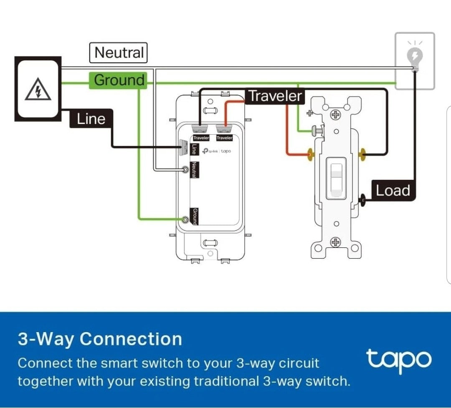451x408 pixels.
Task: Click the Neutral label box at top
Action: [119, 53]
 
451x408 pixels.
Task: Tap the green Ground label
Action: [119, 80]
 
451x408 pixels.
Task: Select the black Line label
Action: [91, 119]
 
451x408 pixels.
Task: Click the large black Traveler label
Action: [275, 96]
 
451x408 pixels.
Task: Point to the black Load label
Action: [393, 191]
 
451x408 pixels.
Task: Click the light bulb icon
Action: [415, 56]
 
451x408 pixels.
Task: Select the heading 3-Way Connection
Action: [100, 339]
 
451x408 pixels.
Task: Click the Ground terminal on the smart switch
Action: [185, 219]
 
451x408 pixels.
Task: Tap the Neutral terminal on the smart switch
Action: [185, 169]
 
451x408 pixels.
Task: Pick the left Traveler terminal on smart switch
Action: [200, 130]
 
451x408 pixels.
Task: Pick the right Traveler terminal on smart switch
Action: [224, 130]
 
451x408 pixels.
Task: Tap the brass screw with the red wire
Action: [310, 154]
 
